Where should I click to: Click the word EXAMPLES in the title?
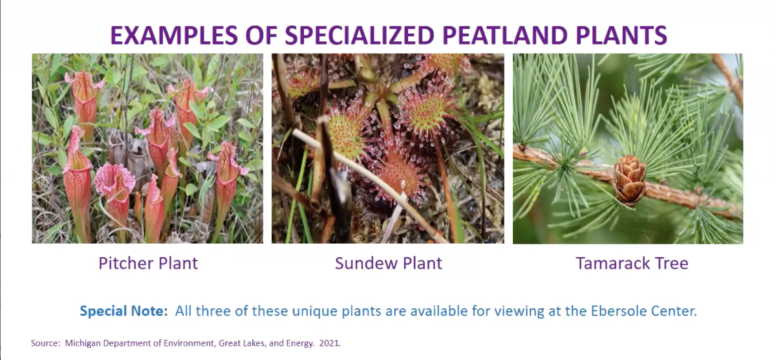(174, 35)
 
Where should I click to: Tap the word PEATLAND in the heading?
(505, 35)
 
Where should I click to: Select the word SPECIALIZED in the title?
(360, 35)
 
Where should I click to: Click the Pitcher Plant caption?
(148, 263)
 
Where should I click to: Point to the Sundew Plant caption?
(389, 263)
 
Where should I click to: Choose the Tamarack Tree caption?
(632, 263)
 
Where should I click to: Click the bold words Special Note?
(124, 311)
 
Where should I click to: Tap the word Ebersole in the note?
(619, 311)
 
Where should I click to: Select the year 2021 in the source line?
(329, 343)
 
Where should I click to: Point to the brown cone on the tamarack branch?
(629, 179)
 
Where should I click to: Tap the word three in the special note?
(215, 311)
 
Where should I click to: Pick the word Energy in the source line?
(300, 343)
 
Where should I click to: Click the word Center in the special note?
(674, 311)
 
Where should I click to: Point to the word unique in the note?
(314, 312)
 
